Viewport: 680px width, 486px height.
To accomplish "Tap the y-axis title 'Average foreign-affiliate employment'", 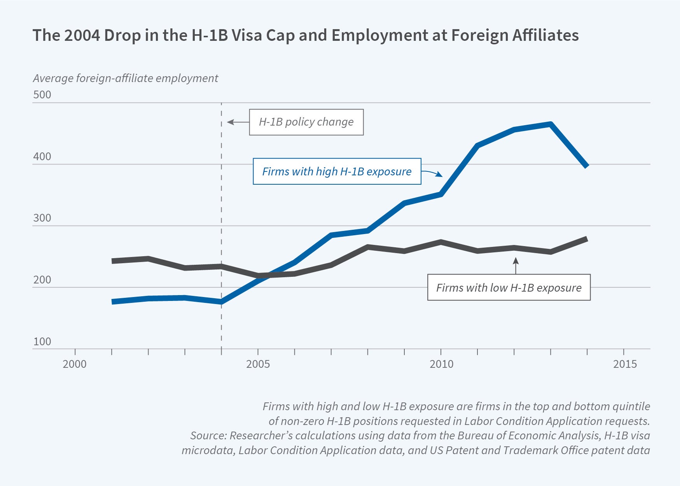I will pos(125,78).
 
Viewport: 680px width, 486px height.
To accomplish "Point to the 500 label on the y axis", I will pos(42,95).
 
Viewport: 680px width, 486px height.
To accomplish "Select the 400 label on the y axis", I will pos(42,157).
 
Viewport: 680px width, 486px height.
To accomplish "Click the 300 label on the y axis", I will pos(42,218).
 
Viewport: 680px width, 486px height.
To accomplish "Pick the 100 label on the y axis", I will pos(42,342).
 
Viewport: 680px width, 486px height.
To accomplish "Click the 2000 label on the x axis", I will pos(75,364).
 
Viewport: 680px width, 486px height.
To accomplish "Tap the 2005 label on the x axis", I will pos(258,364).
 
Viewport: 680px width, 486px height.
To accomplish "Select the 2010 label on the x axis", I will pos(441,364).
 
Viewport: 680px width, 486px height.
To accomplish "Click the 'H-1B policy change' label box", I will pos(306,122).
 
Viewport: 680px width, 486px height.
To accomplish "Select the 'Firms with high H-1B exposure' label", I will pos(337,171).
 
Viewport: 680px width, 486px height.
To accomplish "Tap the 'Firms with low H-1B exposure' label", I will pos(509,288).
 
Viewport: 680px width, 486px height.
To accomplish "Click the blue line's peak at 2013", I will pos(551,124).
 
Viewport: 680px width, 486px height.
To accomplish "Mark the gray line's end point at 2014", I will pos(587,239).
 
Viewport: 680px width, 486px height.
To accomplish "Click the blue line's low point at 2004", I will pos(221,302).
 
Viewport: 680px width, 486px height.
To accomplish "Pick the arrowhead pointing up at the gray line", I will pos(516,260).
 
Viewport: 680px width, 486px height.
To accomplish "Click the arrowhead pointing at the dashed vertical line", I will pos(230,122).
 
